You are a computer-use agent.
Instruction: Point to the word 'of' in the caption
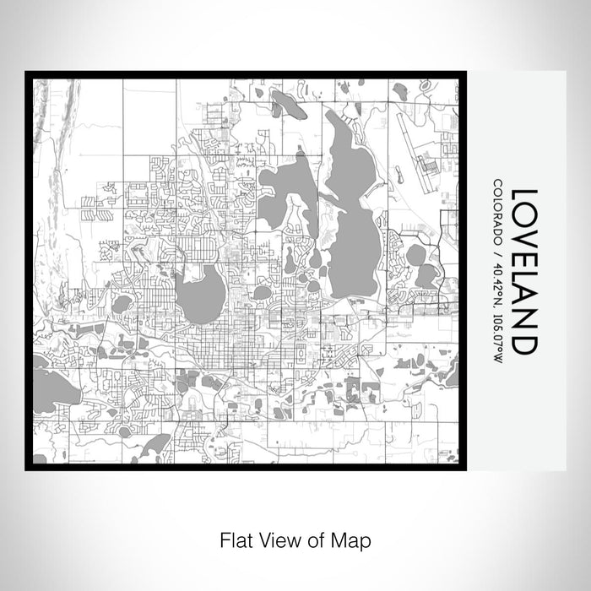[x=317, y=539]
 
